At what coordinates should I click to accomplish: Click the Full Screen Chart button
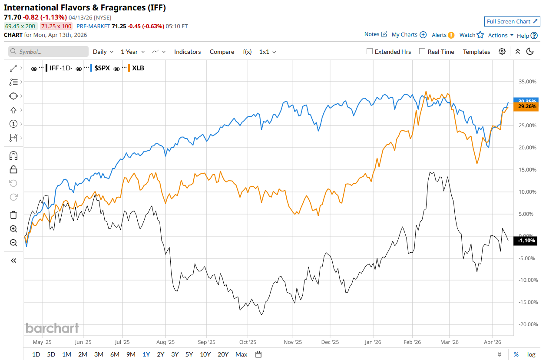pos(512,21)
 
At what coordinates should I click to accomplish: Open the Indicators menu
pos(187,52)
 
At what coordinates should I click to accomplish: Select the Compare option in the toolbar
pos(222,52)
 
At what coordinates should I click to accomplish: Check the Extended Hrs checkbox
pos(370,52)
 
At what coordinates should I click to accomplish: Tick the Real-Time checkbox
pos(422,52)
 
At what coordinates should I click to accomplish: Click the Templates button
pos(477,52)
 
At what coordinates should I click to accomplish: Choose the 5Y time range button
pos(189,354)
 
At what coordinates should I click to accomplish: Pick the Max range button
pos(241,354)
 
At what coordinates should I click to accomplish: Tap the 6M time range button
pos(115,354)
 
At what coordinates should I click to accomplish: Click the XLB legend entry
pos(138,68)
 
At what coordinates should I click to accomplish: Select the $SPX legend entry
pos(102,68)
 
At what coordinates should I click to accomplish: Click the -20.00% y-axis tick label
pos(527,324)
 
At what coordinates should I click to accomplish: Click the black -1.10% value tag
pos(525,241)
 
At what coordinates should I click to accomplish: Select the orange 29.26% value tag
pos(525,106)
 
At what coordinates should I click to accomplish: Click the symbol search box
pos(48,52)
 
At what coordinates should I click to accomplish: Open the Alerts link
pos(443,35)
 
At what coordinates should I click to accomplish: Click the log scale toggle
pos(531,354)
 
